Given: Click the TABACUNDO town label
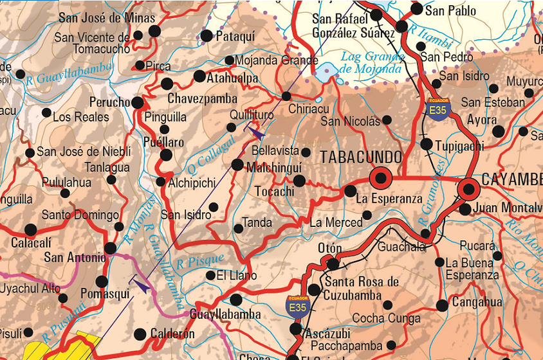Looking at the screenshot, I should (x=361, y=157).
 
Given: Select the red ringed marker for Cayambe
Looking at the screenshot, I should (x=469, y=188).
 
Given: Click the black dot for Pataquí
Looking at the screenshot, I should (x=207, y=36).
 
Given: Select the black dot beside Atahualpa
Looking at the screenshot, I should (x=199, y=76).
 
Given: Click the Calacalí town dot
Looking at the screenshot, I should (x=30, y=230).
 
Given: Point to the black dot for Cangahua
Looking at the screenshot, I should (x=442, y=305).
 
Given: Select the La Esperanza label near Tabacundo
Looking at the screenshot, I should (x=389, y=199).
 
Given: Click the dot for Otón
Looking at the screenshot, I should (x=333, y=264).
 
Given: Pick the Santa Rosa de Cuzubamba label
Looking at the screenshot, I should (x=362, y=288).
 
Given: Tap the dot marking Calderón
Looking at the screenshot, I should (x=140, y=334).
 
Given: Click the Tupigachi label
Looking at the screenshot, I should (x=459, y=146).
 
